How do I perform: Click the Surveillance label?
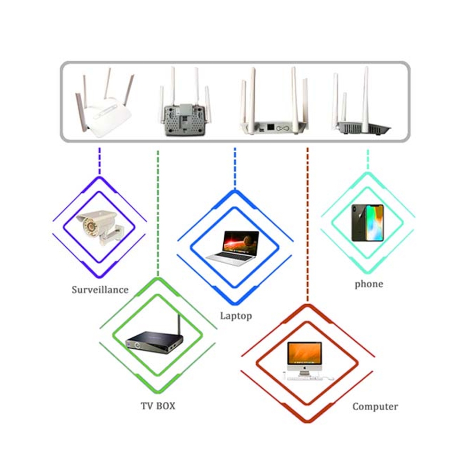point(100,290)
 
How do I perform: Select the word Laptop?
point(236,316)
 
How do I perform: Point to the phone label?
point(368,284)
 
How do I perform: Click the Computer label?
point(375,407)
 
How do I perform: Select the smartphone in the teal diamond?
point(367,223)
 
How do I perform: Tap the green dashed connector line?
point(158,211)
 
